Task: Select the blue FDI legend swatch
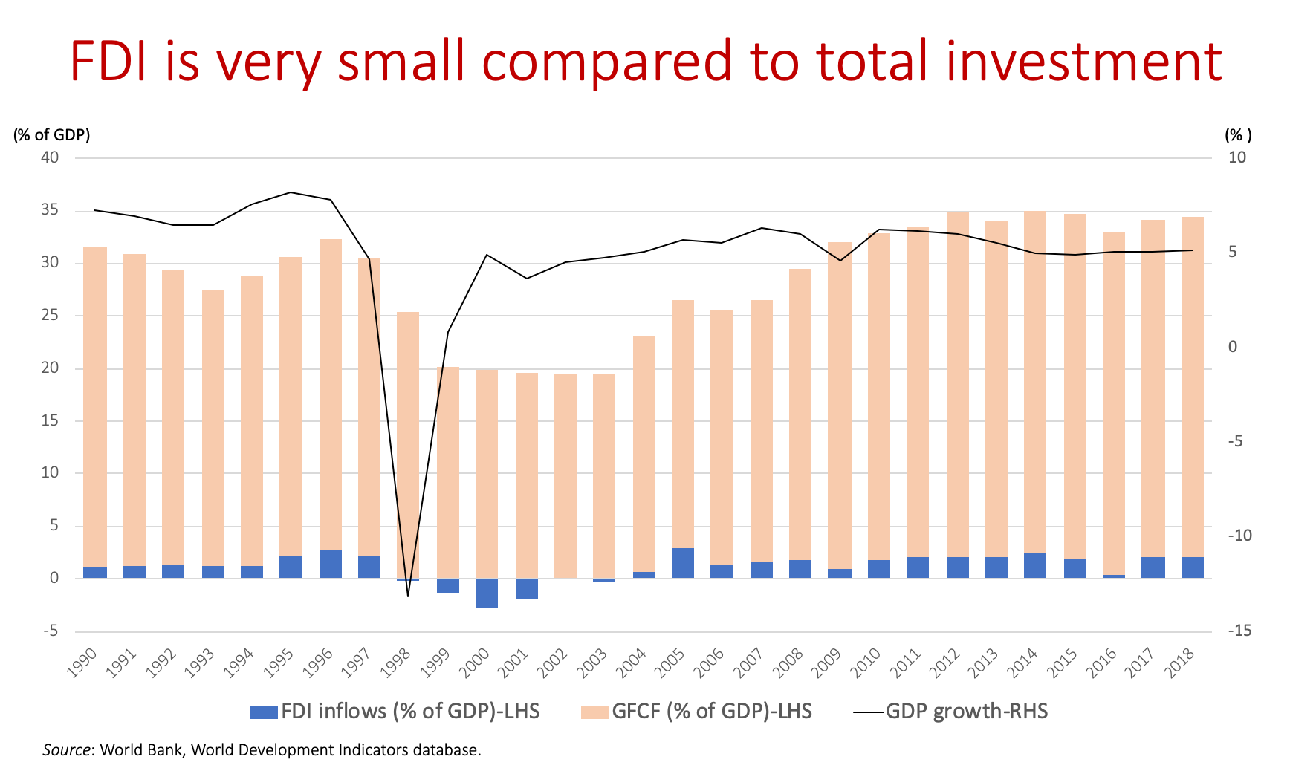(x=263, y=712)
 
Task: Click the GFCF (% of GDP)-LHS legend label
(x=711, y=711)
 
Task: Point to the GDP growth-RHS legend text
(x=966, y=711)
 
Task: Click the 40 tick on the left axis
(x=51, y=157)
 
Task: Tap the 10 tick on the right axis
(x=1237, y=157)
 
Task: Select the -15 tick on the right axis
(x=1239, y=631)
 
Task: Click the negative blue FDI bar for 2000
(x=487, y=593)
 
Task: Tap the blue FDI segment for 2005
(x=683, y=563)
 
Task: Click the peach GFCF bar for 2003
(x=604, y=475)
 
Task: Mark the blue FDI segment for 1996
(x=331, y=564)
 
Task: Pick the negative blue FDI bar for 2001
(x=526, y=588)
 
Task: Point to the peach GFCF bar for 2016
(x=1114, y=401)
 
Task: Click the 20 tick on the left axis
(x=51, y=368)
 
